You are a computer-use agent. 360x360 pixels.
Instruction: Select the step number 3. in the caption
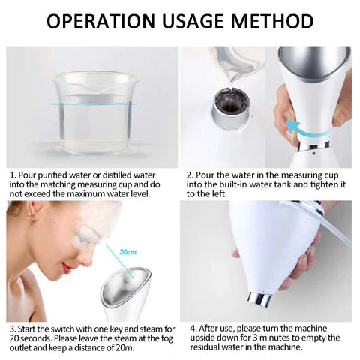[13, 328]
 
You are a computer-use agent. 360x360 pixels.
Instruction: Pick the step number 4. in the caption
[193, 328]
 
